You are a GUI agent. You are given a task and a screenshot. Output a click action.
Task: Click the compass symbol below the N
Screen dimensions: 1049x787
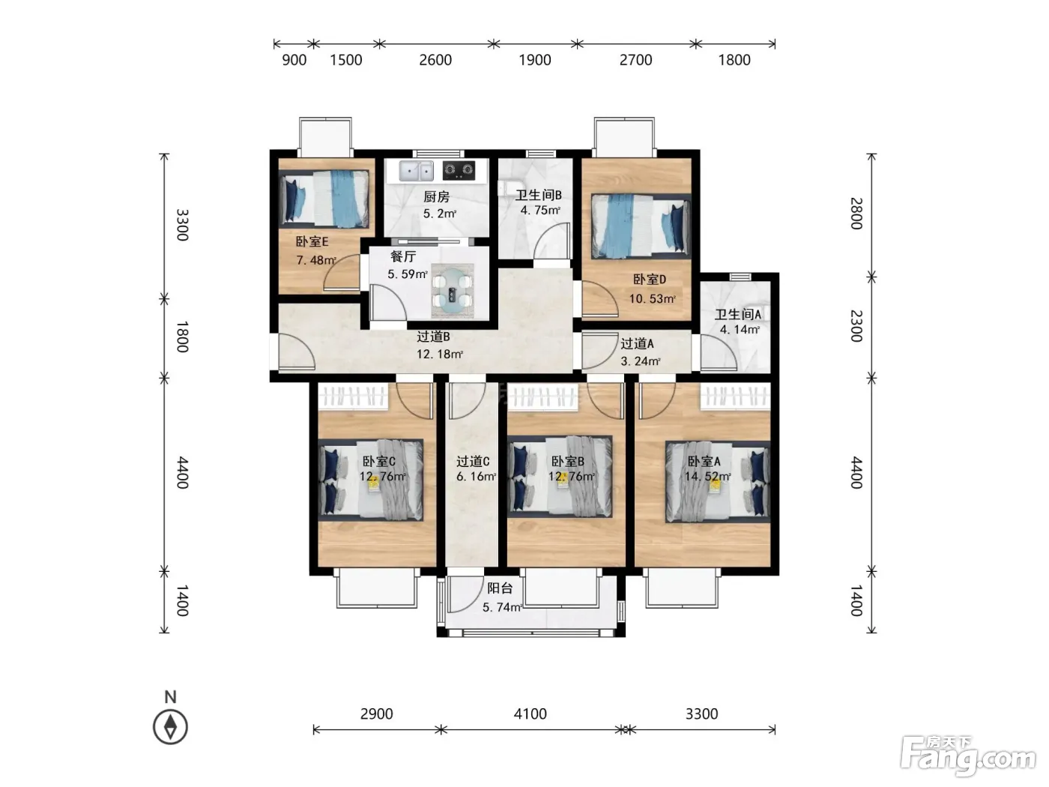[170, 727]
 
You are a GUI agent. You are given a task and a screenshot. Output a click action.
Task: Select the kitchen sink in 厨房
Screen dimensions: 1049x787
[417, 171]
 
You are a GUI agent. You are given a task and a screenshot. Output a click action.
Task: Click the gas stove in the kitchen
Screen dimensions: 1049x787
[459, 170]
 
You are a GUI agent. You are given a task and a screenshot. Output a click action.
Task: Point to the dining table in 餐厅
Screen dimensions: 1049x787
[452, 291]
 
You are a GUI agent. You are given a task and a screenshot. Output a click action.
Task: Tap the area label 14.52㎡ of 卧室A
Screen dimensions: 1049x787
[707, 477]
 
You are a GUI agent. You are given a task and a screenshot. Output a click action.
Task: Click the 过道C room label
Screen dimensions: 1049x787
[473, 461]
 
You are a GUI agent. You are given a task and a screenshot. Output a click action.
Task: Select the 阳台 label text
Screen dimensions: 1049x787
[500, 588]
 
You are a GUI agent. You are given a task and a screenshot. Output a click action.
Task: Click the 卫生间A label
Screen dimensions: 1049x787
[737, 314]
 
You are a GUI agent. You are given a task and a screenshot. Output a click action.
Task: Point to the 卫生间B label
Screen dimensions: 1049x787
[538, 194]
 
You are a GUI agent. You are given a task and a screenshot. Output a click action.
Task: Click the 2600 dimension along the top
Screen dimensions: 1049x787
[435, 60]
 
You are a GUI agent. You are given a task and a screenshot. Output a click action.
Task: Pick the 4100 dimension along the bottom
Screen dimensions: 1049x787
[530, 714]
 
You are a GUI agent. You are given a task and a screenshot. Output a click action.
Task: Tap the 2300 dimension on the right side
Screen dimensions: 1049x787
[856, 326]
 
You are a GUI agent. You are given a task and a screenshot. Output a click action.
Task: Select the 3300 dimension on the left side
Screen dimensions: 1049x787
[183, 225]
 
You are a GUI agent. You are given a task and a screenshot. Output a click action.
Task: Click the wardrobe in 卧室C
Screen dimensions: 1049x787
[353, 396]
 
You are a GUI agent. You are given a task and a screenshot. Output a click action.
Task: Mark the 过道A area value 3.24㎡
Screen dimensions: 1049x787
[641, 361]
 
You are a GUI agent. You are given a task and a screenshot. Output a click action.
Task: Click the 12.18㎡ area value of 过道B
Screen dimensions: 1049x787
[439, 354]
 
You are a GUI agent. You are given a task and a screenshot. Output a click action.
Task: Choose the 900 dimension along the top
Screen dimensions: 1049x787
[294, 60]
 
